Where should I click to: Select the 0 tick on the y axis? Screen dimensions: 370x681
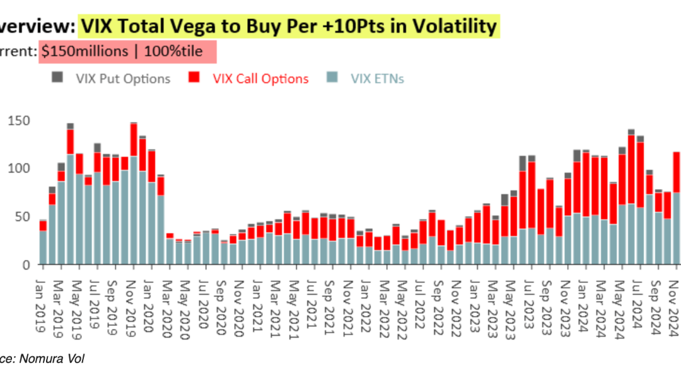[25, 265]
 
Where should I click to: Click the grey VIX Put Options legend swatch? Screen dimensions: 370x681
[57, 78]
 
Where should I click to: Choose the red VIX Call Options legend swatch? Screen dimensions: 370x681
[195, 78]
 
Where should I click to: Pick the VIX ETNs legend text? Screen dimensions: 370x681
[377, 79]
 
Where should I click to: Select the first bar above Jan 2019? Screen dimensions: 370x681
[43, 246]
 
